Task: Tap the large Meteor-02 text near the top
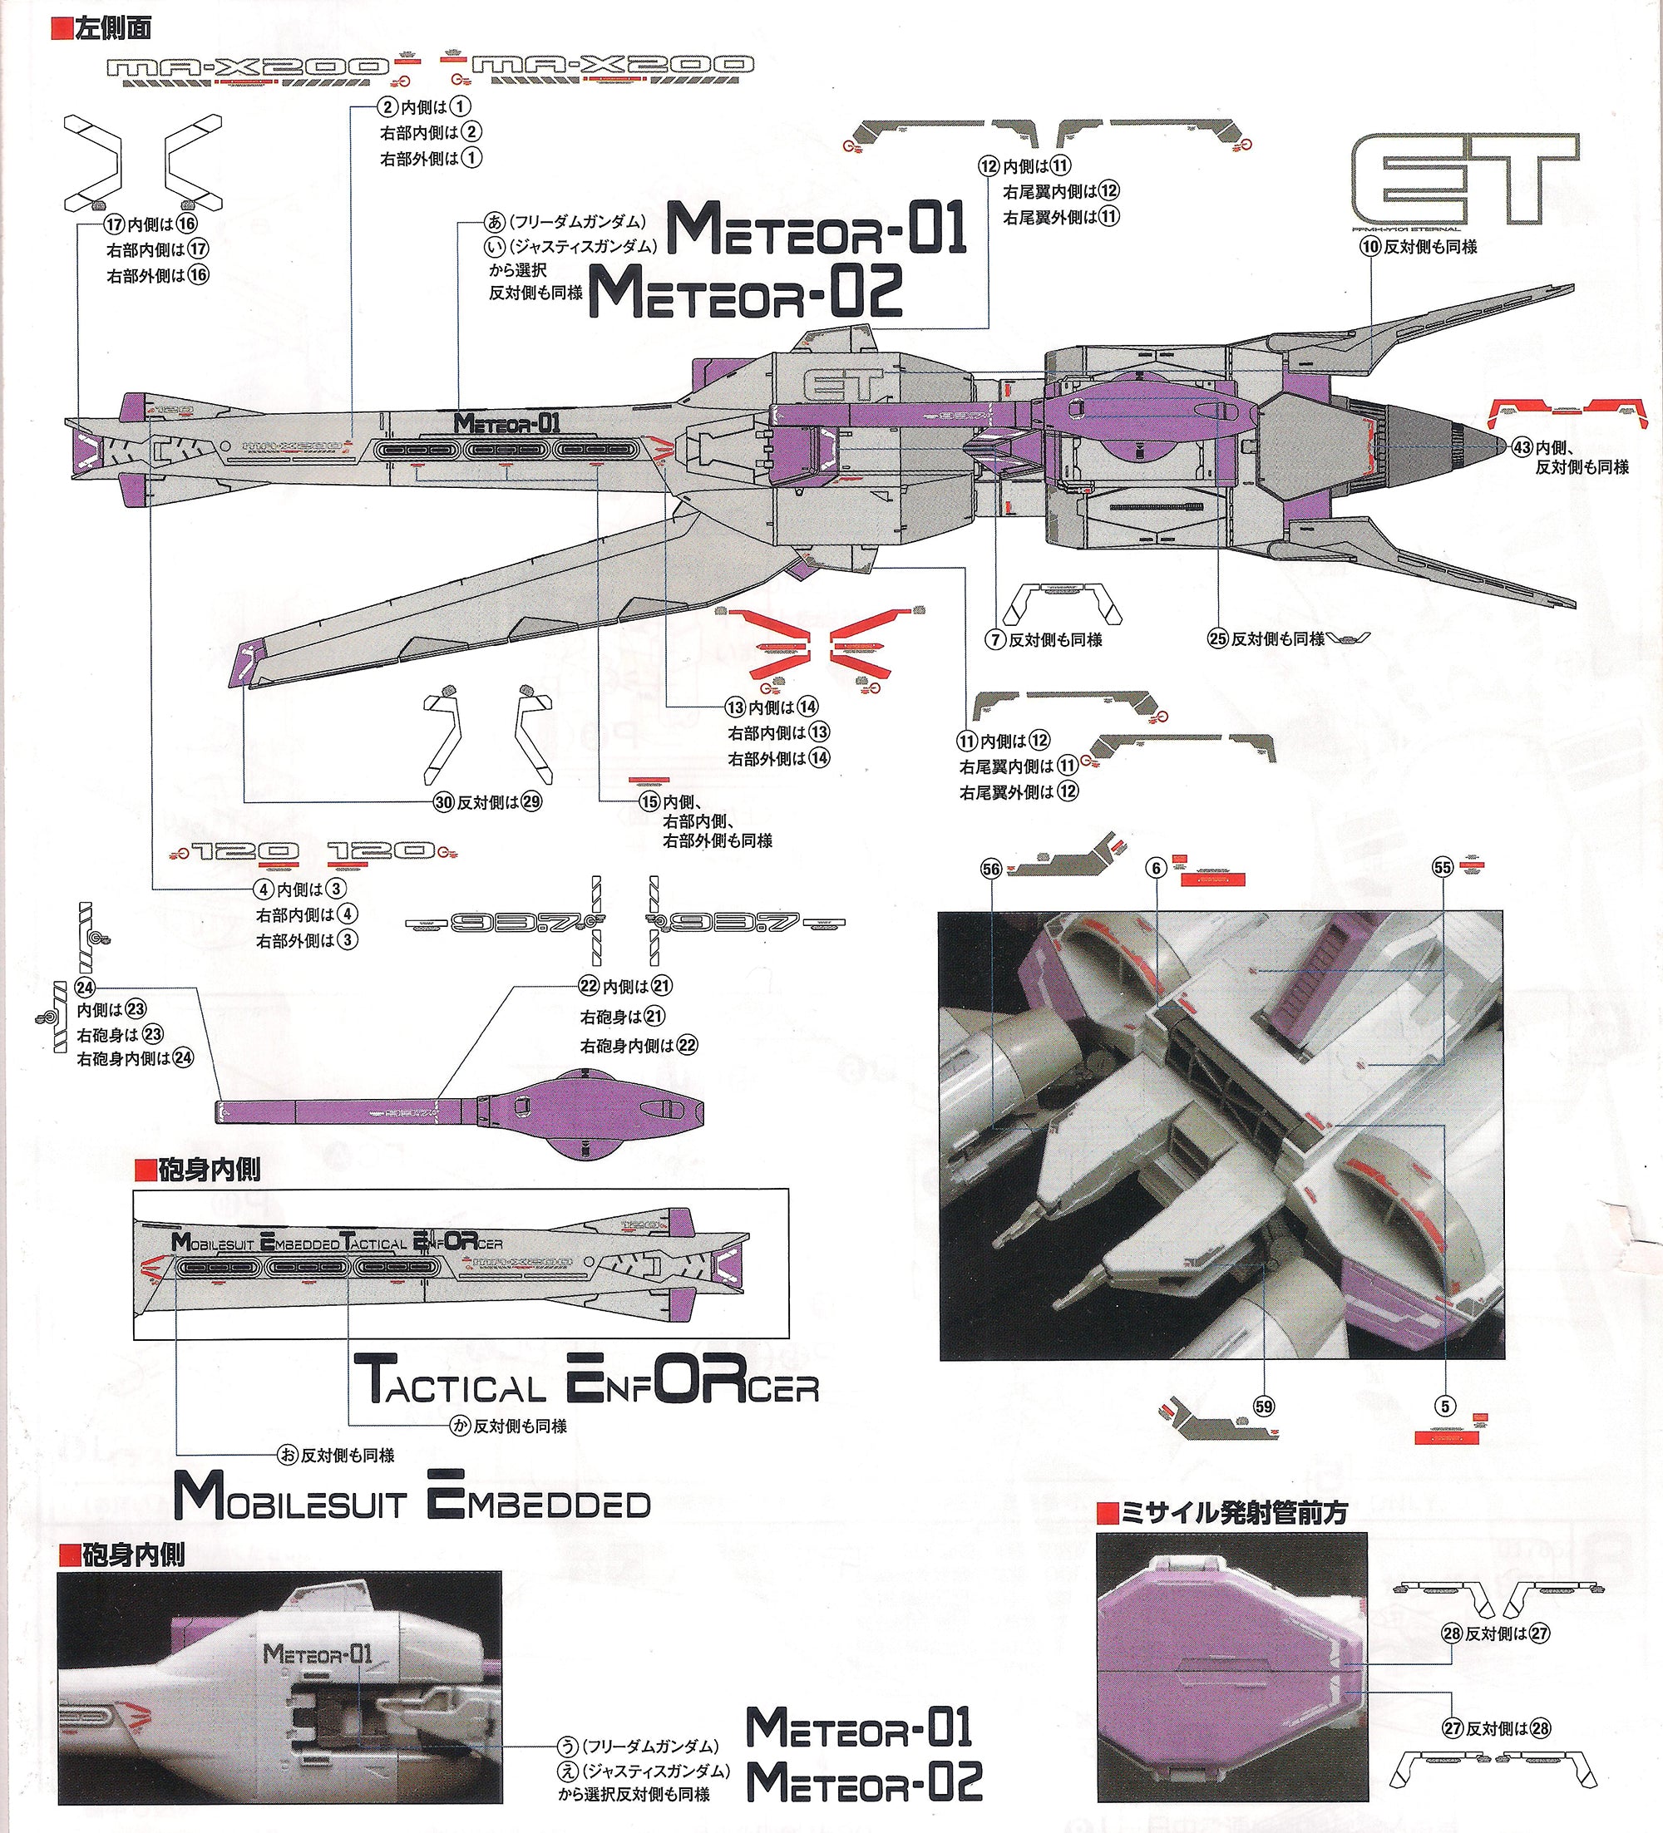pyautogui.click(x=747, y=291)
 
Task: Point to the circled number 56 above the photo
pyautogui.click(x=990, y=870)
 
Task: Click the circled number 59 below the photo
pyautogui.click(x=1263, y=1407)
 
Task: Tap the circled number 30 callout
pyautogui.click(x=444, y=802)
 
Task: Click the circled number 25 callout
pyautogui.click(x=1218, y=638)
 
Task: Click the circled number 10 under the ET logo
pyautogui.click(x=1372, y=245)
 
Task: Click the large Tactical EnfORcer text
pyautogui.click(x=585, y=1388)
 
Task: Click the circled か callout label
pyautogui.click(x=461, y=1426)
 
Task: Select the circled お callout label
pyautogui.click(x=289, y=1456)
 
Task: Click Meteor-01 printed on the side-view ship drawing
pyautogui.click(x=506, y=422)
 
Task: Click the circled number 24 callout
pyautogui.click(x=85, y=988)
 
